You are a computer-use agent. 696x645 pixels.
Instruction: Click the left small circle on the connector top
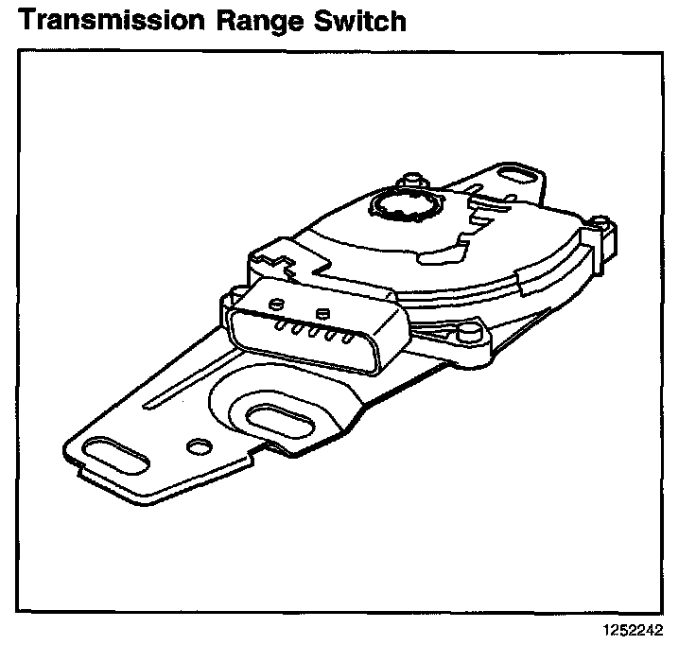(x=276, y=303)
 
